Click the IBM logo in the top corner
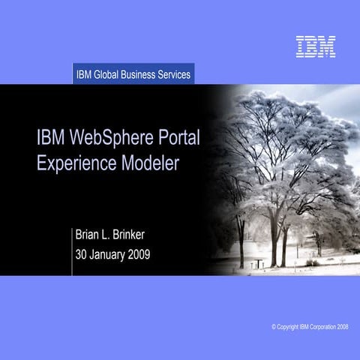[x=315, y=46]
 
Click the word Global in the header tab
[x=111, y=74]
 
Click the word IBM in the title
[x=49, y=139]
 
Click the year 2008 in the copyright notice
[x=341, y=328]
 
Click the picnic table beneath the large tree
[x=257, y=262]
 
